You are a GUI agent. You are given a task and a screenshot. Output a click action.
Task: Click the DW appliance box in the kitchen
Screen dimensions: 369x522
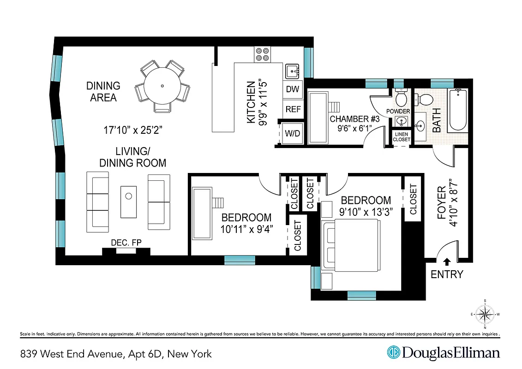pos(292,89)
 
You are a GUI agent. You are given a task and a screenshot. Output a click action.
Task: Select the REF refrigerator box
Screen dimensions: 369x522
pos(293,109)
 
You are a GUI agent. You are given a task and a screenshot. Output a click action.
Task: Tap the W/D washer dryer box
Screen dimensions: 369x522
pos(292,134)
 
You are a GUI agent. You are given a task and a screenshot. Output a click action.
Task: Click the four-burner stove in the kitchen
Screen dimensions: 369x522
pos(262,54)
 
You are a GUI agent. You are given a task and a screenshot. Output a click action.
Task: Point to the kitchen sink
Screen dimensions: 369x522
pos(292,71)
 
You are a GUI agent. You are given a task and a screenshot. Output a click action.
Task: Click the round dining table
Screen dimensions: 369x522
pos(162,86)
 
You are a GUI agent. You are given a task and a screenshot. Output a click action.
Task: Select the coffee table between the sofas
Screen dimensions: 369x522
pos(129,202)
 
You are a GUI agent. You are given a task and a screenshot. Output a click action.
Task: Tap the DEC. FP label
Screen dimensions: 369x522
pos(126,243)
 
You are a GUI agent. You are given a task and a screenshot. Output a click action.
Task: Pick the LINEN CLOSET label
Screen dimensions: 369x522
pos(401,137)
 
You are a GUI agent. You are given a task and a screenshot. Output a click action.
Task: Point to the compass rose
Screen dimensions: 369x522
pos(485,315)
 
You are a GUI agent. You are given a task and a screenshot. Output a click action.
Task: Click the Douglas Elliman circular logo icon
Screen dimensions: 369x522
pos(393,353)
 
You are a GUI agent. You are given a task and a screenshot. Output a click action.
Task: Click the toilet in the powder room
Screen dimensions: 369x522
pos(401,98)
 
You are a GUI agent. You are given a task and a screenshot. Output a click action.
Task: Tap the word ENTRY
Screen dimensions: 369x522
pos(446,274)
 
